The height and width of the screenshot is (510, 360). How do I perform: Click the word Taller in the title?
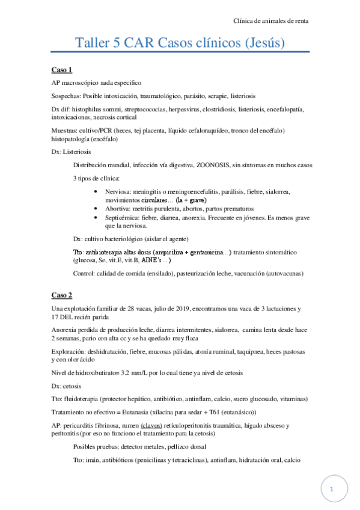93,44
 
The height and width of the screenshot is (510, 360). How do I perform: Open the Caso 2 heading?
62,295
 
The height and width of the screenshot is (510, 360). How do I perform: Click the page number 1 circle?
332,489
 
